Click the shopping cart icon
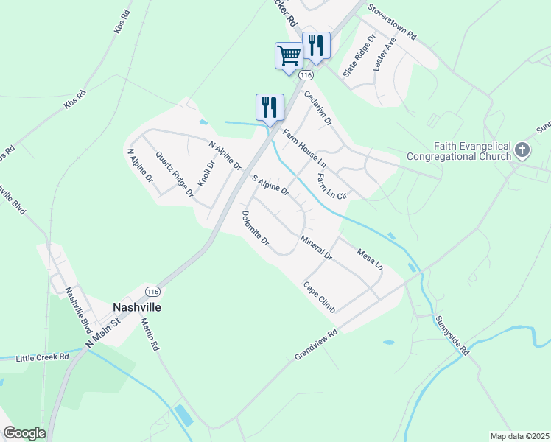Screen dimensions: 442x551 289,55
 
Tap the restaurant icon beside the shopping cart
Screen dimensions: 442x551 315,44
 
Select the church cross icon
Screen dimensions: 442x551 522,150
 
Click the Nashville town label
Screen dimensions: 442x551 136,306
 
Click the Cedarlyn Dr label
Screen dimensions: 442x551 318,108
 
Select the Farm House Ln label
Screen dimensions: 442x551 303,147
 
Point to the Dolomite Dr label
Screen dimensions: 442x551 256,228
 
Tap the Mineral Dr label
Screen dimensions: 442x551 317,249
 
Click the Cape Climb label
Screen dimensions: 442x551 319,296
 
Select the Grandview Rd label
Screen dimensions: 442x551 315,343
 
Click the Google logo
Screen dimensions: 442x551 24,433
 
